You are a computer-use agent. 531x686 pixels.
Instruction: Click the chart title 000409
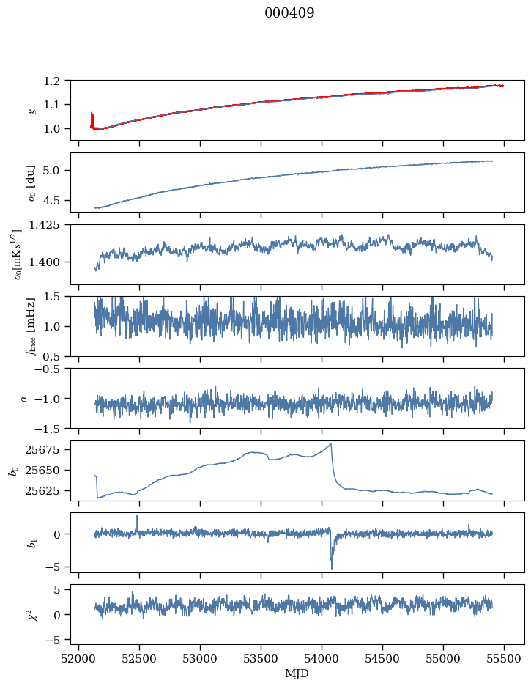coord(289,13)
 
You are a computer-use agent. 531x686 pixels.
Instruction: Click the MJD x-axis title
coord(297,674)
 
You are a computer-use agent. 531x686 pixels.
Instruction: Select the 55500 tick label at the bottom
coord(504,659)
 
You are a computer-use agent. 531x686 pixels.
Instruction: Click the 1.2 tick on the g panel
coord(58,81)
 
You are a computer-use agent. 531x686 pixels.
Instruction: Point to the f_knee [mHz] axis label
coord(30,326)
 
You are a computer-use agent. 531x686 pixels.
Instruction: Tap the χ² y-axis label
coord(30,614)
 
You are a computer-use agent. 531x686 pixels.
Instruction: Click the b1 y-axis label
coord(30,542)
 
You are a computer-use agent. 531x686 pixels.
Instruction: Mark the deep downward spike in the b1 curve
coord(332,568)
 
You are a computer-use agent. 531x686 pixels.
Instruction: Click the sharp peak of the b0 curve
coord(331,443)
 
